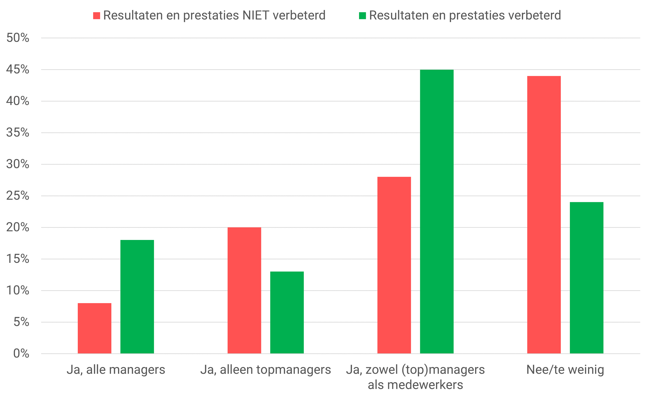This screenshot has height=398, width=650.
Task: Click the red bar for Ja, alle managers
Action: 94,328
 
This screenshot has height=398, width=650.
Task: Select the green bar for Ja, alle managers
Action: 137,296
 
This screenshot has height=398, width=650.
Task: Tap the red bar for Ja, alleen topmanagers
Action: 244,290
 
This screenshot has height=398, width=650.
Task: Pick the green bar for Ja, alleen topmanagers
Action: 287,312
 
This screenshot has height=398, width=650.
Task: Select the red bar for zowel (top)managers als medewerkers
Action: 394,265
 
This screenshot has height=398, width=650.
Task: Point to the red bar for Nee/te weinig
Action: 544,215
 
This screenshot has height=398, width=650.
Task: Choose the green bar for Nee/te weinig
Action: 586,278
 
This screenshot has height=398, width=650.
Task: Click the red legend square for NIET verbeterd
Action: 96,16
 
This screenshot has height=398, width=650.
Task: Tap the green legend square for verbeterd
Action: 362,16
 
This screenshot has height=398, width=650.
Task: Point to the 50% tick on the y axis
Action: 18,38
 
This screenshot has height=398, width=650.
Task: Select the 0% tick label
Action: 21,354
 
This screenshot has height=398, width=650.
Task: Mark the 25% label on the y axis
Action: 18,196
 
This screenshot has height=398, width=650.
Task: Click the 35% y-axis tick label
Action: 18,133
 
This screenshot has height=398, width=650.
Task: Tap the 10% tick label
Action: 18,290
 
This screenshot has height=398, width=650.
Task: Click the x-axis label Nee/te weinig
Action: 565,369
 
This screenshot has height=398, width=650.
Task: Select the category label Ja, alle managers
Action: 116,369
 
